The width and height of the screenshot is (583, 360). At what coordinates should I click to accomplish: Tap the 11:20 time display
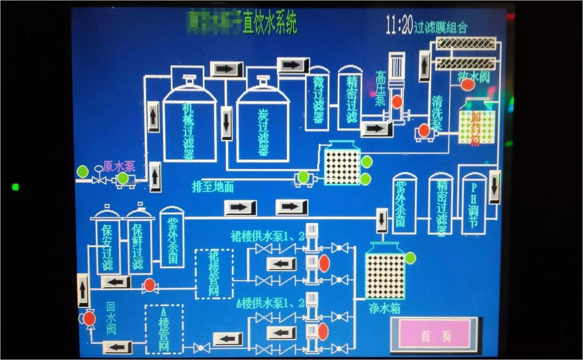pyautogui.click(x=399, y=26)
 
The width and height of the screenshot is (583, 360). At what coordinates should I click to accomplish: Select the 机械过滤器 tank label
pyautogui.click(x=188, y=130)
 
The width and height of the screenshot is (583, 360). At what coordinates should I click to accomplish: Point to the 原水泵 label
pyautogui.click(x=119, y=167)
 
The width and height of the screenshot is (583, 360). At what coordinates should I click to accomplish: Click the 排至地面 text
pyautogui.click(x=213, y=187)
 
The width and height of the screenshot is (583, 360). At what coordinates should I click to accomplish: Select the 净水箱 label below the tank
pyautogui.click(x=384, y=308)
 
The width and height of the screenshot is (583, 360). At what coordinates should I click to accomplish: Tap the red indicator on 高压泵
pyautogui.click(x=397, y=102)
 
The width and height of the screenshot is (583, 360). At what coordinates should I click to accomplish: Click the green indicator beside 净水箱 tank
pyautogui.click(x=410, y=258)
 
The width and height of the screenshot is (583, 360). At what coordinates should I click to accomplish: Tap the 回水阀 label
pyautogui.click(x=111, y=318)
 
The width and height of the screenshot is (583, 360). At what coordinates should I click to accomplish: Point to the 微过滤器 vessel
pyautogui.click(x=318, y=99)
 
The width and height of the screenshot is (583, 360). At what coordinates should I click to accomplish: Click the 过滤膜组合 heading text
pyautogui.click(x=441, y=28)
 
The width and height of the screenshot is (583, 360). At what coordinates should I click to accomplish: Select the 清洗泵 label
pyautogui.click(x=437, y=113)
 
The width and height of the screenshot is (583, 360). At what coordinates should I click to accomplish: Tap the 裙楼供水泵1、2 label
pyautogui.click(x=267, y=237)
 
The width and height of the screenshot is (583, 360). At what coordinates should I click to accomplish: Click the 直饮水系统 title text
pyautogui.click(x=270, y=23)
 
